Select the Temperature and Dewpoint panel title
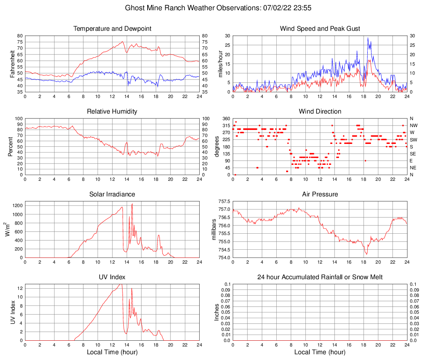point(112,29)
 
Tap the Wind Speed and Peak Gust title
point(320,29)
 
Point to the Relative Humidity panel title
point(112,112)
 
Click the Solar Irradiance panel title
point(112,194)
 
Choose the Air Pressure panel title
point(320,194)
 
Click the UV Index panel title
point(112,277)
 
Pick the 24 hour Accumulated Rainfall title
point(320,277)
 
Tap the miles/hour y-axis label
point(221,64)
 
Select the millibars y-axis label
point(214,229)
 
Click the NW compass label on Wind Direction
point(414,125)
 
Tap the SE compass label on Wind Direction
point(413,154)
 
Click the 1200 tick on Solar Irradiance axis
point(16,203)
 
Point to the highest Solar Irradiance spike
point(132,204)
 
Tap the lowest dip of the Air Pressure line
point(366,255)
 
